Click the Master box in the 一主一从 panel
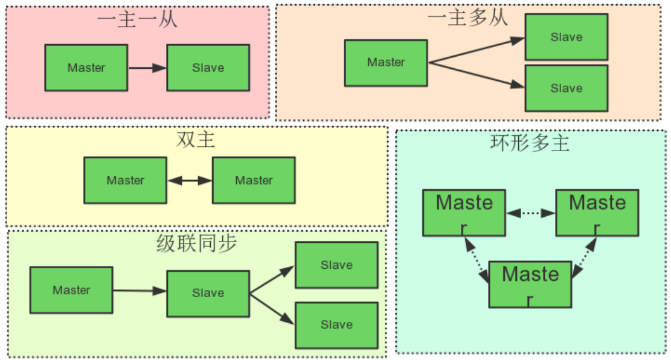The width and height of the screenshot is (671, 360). pos(86,68)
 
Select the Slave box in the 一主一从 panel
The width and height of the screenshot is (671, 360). pos(208,68)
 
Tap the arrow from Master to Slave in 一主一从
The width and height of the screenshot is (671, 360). pos(147,68)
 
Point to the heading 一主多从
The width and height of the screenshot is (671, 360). pos(467,18)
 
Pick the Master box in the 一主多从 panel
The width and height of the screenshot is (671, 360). pos(386,62)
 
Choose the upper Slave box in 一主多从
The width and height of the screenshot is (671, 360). pos(566,37)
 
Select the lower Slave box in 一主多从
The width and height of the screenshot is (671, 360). pos(566,88)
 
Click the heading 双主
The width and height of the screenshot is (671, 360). pos(196,140)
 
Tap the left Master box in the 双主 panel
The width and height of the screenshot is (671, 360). pos(125,180)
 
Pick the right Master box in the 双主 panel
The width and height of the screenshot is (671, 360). pos(254,180)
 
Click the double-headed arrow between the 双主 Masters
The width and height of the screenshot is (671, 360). pos(189,180)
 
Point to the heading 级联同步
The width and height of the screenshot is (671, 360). pos(197,243)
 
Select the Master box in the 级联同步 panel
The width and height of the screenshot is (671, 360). pos(71,290)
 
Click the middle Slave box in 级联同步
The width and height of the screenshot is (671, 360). pos(208,293)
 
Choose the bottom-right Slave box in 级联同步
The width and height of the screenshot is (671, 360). pos(336,325)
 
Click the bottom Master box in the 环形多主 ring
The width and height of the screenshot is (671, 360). pos(530,284)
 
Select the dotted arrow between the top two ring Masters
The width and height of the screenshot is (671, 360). pos(530,213)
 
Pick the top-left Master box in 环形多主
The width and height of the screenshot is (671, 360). pos(464,212)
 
